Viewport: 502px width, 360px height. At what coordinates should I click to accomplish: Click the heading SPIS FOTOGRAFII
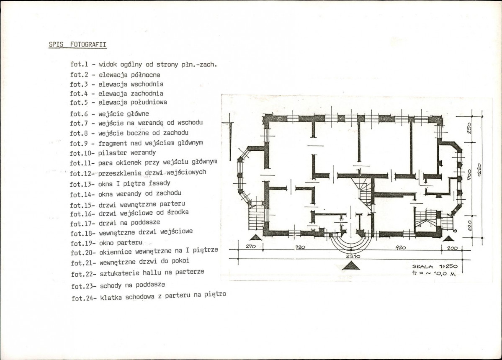(77, 44)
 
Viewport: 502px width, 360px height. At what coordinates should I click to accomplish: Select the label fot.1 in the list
(79, 64)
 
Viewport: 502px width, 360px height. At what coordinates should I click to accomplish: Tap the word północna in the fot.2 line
(145, 75)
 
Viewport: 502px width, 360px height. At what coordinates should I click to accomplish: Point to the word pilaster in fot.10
(112, 153)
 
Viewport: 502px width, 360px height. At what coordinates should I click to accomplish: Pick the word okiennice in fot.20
(116, 252)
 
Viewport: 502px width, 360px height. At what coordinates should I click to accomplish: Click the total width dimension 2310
(353, 256)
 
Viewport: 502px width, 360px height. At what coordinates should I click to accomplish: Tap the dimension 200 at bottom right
(452, 248)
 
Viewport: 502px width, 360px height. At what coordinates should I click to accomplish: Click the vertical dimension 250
(469, 129)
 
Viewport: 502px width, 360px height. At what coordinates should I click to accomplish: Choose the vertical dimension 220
(470, 226)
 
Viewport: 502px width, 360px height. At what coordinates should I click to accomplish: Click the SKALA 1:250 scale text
(435, 266)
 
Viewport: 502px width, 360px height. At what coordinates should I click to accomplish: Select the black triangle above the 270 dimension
(256, 237)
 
